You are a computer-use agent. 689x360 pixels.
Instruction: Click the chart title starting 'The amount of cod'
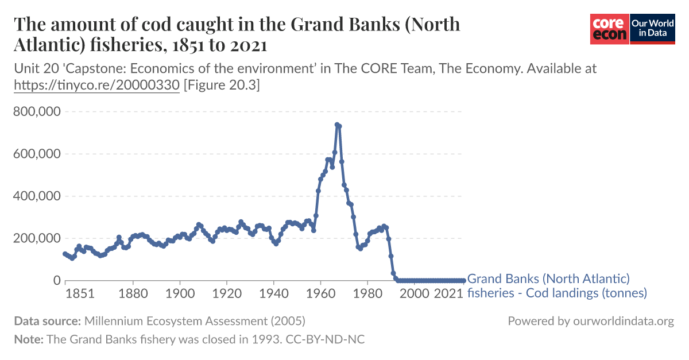[x=237, y=34]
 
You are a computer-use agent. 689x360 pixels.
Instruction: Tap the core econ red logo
[x=610, y=29]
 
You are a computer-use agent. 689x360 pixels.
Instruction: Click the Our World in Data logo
[x=652, y=29]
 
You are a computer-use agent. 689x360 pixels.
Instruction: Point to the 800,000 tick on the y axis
[x=37, y=111]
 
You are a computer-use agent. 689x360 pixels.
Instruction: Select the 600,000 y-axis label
[x=37, y=154]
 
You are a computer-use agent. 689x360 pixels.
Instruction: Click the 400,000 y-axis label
[x=37, y=196]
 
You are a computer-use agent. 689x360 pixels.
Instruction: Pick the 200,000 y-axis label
[x=37, y=238]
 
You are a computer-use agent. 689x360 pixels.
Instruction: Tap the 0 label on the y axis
[x=56, y=281]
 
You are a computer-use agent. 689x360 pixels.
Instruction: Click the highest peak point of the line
[x=337, y=125]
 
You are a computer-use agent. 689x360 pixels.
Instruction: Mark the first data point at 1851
[x=65, y=254]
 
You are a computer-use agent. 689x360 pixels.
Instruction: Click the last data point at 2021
[x=463, y=281]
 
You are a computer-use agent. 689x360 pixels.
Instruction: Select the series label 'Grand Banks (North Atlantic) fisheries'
[x=557, y=286]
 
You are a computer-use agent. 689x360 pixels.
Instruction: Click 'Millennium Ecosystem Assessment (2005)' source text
[x=195, y=321]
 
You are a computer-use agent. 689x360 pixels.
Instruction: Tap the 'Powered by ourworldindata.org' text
[x=590, y=321]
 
